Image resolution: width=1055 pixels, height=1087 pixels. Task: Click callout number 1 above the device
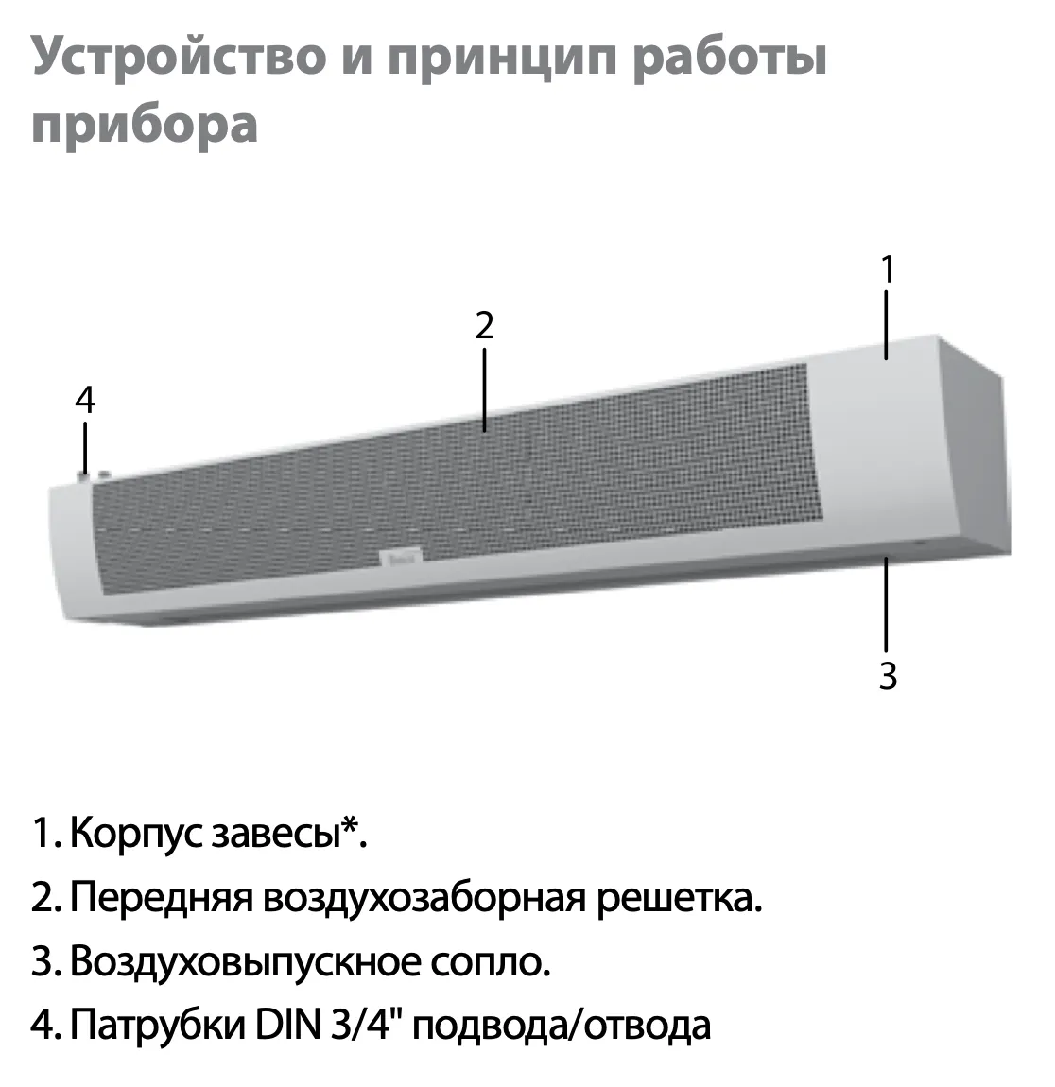pos(888,269)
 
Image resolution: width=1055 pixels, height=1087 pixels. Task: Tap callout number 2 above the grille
pos(485,325)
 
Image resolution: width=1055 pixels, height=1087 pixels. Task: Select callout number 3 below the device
pos(888,676)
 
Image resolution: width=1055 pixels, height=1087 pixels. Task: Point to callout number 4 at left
pos(84,400)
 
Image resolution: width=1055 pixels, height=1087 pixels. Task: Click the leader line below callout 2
pos(485,389)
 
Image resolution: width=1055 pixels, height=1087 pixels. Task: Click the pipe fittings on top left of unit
pos(93,475)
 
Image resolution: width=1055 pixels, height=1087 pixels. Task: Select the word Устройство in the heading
pos(179,58)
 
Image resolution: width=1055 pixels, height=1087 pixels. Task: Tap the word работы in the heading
pos(730,57)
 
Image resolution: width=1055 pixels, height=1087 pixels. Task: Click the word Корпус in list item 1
pos(136,834)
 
